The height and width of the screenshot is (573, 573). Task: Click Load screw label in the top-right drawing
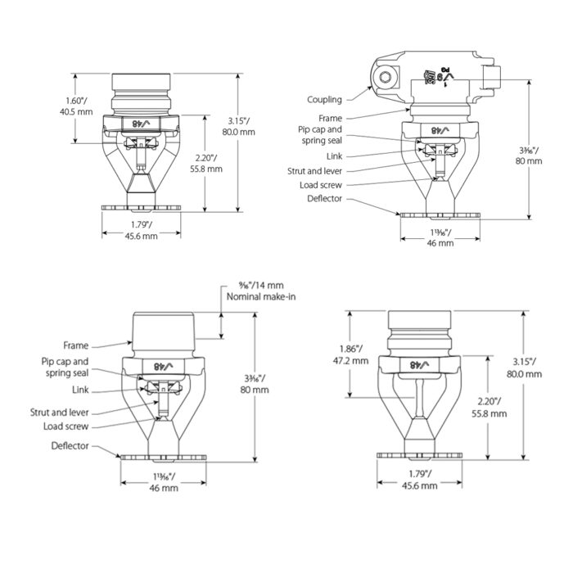[x=321, y=185]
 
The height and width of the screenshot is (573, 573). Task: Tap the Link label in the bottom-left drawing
[x=79, y=390]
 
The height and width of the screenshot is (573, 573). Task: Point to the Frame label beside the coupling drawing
[x=331, y=119]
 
